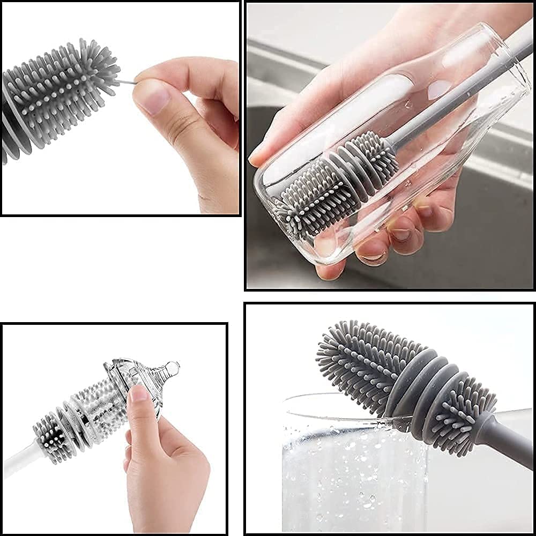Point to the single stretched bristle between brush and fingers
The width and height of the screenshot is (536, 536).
(x=126, y=83)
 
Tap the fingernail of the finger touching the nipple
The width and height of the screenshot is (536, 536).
(x=138, y=394)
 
